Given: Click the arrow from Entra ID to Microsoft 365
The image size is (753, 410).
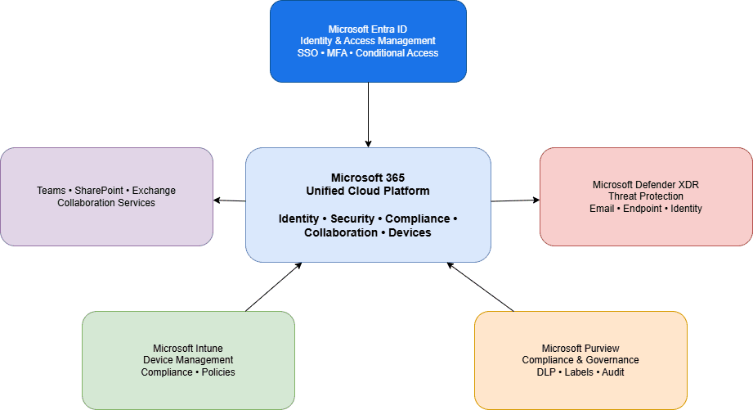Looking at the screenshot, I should (x=368, y=115).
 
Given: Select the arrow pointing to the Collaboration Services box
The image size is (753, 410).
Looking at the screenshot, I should (x=230, y=200).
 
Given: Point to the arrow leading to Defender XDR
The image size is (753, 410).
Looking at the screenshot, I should (x=515, y=200).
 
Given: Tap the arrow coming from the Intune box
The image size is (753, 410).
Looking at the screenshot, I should (x=273, y=287).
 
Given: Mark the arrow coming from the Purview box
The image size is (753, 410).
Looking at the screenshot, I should (x=481, y=287).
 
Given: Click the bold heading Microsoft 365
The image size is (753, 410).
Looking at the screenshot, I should (x=368, y=178).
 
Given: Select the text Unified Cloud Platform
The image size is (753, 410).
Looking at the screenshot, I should (x=368, y=191).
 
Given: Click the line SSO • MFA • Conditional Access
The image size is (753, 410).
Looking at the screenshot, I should (x=368, y=53).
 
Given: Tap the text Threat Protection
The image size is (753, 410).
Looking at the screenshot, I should (x=646, y=196).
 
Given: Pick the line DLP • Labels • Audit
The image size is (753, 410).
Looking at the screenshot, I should (x=580, y=372).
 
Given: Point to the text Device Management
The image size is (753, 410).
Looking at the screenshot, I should (x=188, y=360).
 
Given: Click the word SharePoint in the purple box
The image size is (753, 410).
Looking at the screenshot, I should (x=97, y=191).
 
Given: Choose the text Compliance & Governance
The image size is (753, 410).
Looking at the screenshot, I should (x=580, y=360).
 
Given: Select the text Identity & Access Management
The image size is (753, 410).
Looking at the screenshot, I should (x=368, y=41).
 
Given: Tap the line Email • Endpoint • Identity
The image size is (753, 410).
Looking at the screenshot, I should (x=646, y=209).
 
